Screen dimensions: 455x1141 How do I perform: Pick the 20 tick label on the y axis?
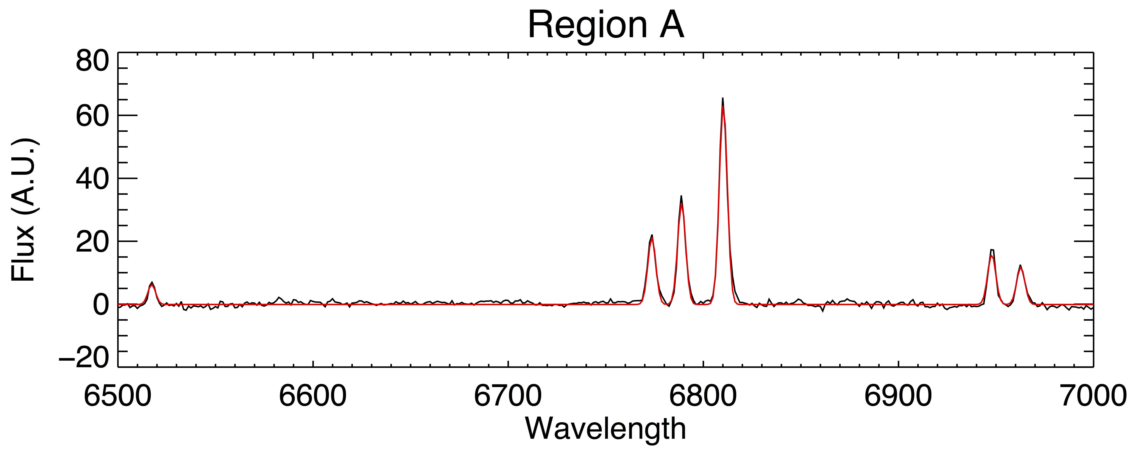coord(92,242)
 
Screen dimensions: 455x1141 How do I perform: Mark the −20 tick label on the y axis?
coord(84,357)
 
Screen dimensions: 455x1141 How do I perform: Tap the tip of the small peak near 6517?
coord(152,282)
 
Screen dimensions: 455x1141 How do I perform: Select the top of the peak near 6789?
coord(681,196)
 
